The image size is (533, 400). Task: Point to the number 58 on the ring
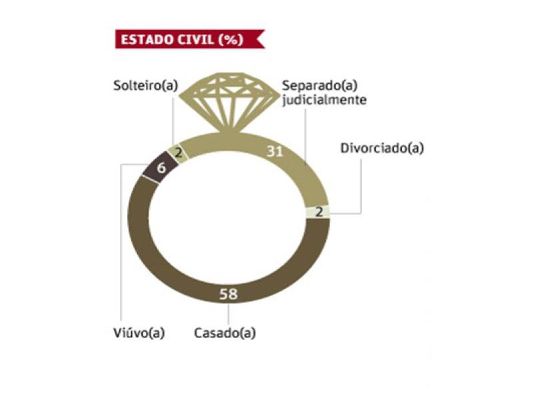click(229, 293)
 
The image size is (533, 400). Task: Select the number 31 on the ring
click(274, 151)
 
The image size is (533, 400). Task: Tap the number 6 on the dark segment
click(161, 168)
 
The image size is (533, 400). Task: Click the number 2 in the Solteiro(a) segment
click(178, 152)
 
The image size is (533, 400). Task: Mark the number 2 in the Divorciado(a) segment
click(318, 212)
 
